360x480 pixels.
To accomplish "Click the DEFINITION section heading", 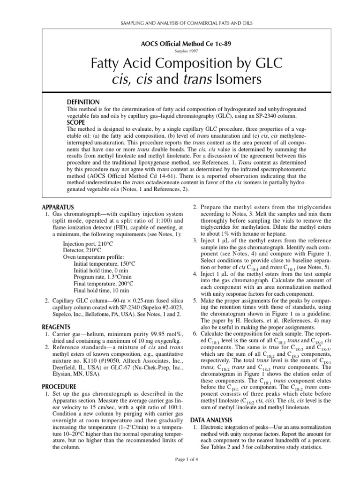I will (83, 102).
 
